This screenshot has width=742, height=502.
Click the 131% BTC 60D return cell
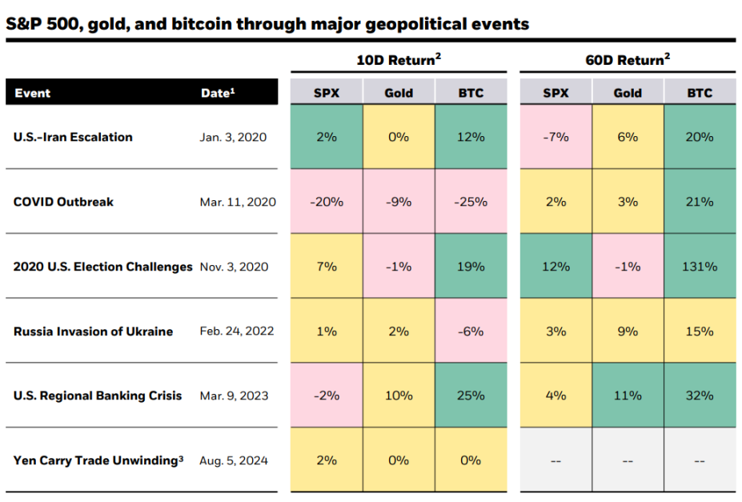pyautogui.click(x=700, y=267)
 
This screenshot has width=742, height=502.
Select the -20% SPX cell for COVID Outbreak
pyautogui.click(x=326, y=202)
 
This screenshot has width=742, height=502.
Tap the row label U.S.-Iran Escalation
pyautogui.click(x=73, y=137)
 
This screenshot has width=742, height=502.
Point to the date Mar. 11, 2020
pyautogui.click(x=238, y=202)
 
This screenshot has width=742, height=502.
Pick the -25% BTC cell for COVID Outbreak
pyautogui.click(x=471, y=202)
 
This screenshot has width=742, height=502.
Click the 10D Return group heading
pyautogui.click(x=399, y=60)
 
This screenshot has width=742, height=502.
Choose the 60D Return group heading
pyautogui.click(x=628, y=60)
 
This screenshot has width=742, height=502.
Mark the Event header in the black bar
pyautogui.click(x=32, y=93)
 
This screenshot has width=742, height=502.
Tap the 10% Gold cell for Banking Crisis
pyautogui.click(x=399, y=396)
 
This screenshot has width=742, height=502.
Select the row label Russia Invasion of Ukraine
pyautogui.click(x=93, y=331)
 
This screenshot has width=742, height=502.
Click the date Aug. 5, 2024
pyautogui.click(x=234, y=460)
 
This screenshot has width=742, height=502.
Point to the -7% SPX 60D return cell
pyautogui.click(x=555, y=137)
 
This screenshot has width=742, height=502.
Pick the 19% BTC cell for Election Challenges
pyautogui.click(x=471, y=267)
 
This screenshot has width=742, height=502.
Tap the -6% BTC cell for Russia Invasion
pyautogui.click(x=471, y=331)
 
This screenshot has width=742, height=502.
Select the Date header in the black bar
pyautogui.click(x=218, y=93)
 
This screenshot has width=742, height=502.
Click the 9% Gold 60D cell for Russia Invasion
pyautogui.click(x=628, y=331)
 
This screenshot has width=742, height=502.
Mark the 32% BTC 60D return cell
pyautogui.click(x=700, y=396)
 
